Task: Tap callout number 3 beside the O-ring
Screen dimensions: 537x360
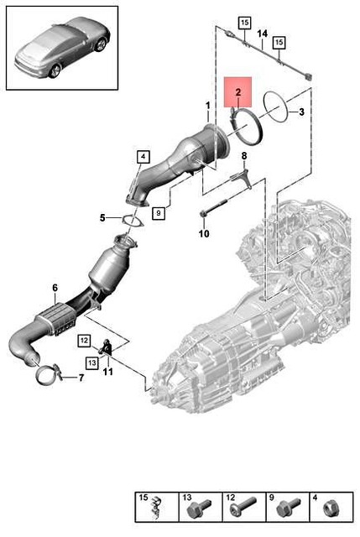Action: [303, 112]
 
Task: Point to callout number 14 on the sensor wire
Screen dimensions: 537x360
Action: [262, 34]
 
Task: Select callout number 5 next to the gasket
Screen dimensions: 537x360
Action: [102, 218]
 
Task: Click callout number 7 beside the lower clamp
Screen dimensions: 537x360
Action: [81, 378]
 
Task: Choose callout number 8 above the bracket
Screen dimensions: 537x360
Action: [244, 156]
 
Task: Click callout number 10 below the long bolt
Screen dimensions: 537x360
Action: [203, 234]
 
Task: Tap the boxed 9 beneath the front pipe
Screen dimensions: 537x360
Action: [158, 213]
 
